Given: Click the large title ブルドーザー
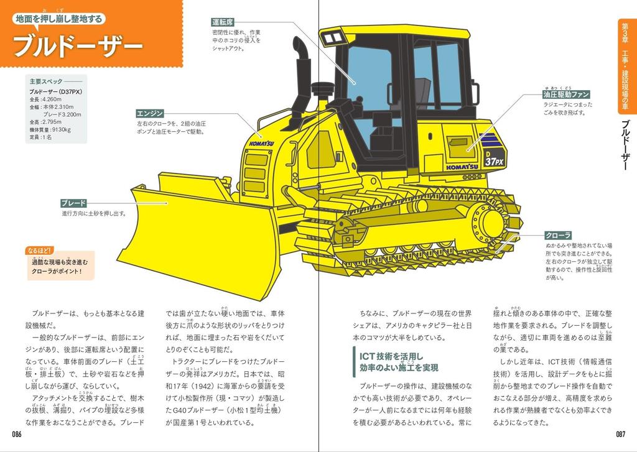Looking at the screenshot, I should pyautogui.click(x=78, y=45).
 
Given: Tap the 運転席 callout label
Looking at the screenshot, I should pyautogui.click(x=223, y=22).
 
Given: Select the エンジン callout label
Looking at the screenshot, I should pyautogui.click(x=150, y=113).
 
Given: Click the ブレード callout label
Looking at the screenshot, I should pyautogui.click(x=73, y=203).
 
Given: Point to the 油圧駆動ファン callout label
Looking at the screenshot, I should pyautogui.click(x=565, y=95).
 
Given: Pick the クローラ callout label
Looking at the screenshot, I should pyautogui.click(x=558, y=235).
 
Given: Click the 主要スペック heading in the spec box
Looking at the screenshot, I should pyautogui.click(x=46, y=81).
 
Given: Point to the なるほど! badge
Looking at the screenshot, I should pyautogui.click(x=40, y=251).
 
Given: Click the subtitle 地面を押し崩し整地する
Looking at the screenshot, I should pyautogui.click(x=59, y=19).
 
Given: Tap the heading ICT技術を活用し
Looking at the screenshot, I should pyautogui.click(x=391, y=356).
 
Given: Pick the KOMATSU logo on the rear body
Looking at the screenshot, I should pyautogui.click(x=462, y=167).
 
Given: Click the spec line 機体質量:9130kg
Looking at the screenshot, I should pyautogui.click(x=50, y=129).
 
